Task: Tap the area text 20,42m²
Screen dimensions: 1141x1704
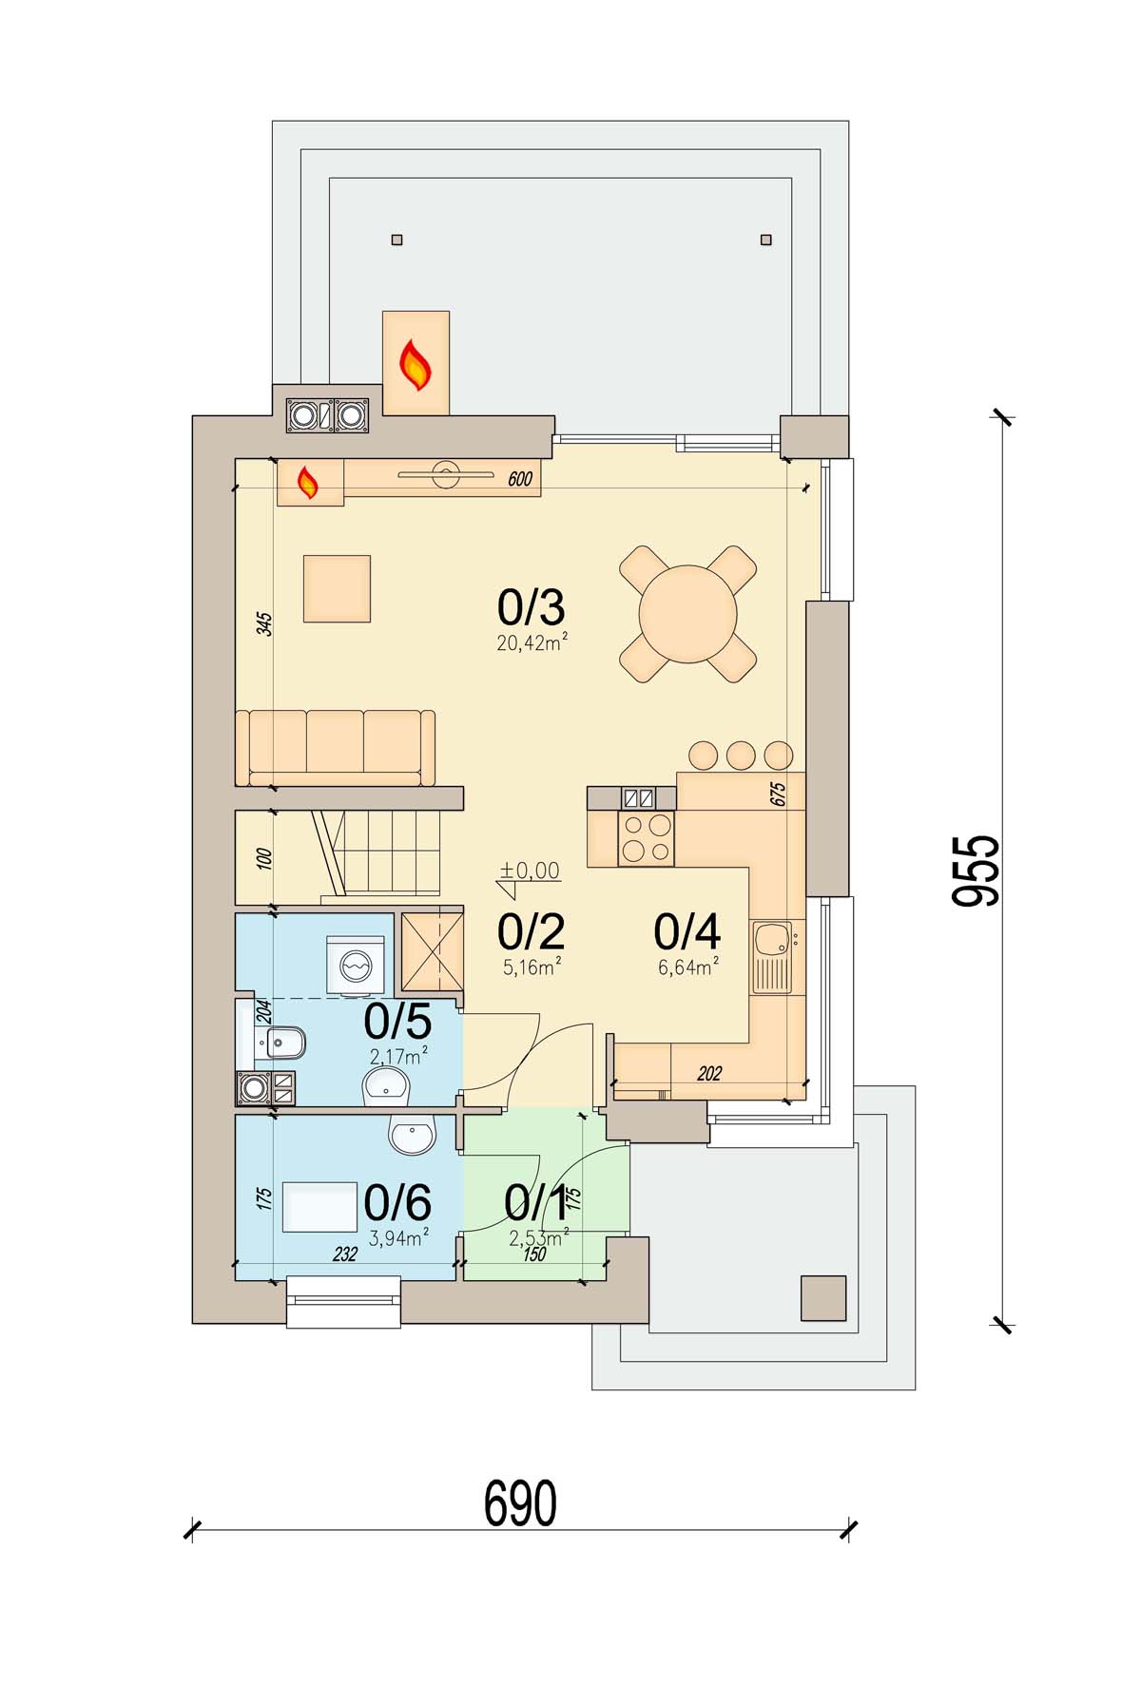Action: pos(532,643)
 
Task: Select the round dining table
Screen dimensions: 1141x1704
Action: pos(688,614)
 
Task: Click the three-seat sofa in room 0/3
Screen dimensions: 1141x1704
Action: pos(336,748)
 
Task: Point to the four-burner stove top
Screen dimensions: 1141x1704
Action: pos(647,837)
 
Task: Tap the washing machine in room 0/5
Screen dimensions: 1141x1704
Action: pos(356,967)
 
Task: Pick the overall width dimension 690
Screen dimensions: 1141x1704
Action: pos(520,1503)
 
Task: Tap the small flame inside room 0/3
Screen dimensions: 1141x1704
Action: pos(307,483)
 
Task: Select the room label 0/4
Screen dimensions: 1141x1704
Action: pos(687,932)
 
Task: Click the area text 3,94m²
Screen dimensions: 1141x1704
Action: pos(397,1236)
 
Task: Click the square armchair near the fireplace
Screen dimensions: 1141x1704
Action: pos(337,589)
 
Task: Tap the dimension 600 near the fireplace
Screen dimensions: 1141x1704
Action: pos(520,480)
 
